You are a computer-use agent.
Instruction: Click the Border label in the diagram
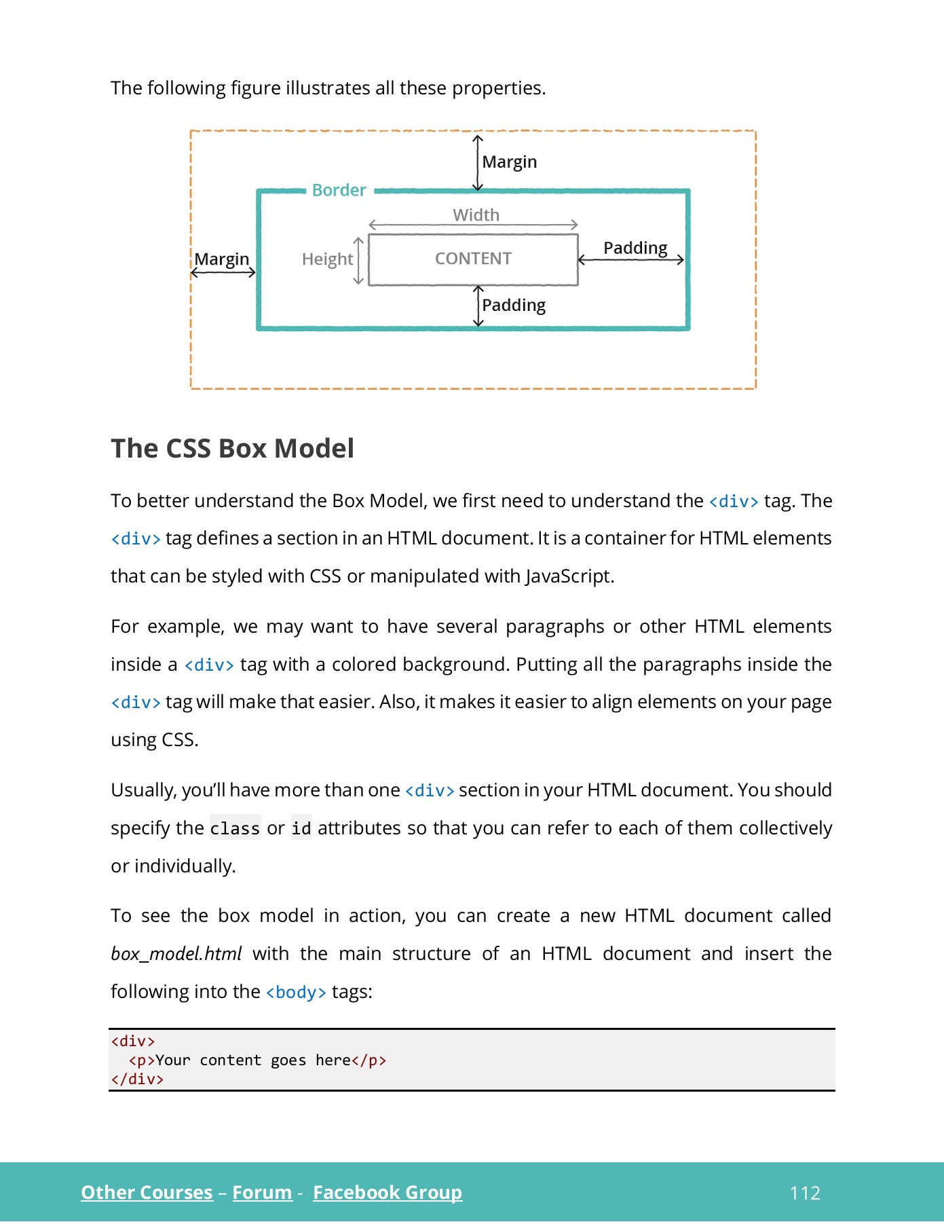339,190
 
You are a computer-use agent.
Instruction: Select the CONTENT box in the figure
473,259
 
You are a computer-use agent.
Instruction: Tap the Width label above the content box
476,215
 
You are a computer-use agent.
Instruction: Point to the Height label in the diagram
327,259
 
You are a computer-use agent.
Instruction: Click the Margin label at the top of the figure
509,162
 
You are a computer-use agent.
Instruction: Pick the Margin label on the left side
222,259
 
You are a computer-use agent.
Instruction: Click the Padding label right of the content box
635,248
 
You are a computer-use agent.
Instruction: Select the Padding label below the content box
514,305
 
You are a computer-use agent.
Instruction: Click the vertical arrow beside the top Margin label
478,163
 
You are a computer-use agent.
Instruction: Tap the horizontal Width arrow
473,225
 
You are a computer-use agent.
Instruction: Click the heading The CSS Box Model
232,449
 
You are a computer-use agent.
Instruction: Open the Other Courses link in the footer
147,1192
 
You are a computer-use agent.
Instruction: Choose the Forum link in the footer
262,1192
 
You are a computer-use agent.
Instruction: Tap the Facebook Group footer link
387,1192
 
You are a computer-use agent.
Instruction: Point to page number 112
805,1193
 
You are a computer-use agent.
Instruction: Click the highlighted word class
235,828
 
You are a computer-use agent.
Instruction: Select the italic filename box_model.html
176,954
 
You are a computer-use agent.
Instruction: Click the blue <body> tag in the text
296,992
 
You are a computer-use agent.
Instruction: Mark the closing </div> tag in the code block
137,1079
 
